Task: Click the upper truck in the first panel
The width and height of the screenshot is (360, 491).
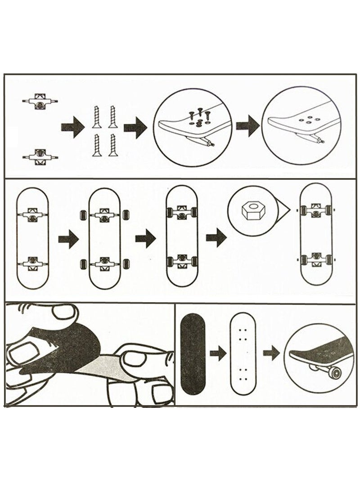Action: tap(40, 102)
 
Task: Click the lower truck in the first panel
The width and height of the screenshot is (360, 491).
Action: tap(40, 156)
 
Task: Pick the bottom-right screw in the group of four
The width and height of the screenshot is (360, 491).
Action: tap(111, 145)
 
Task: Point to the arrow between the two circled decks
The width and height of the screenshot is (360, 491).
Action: tap(247, 125)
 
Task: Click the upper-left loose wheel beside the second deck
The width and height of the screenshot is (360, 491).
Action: tap(83, 214)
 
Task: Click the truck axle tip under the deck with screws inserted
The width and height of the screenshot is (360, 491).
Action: tap(210, 143)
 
